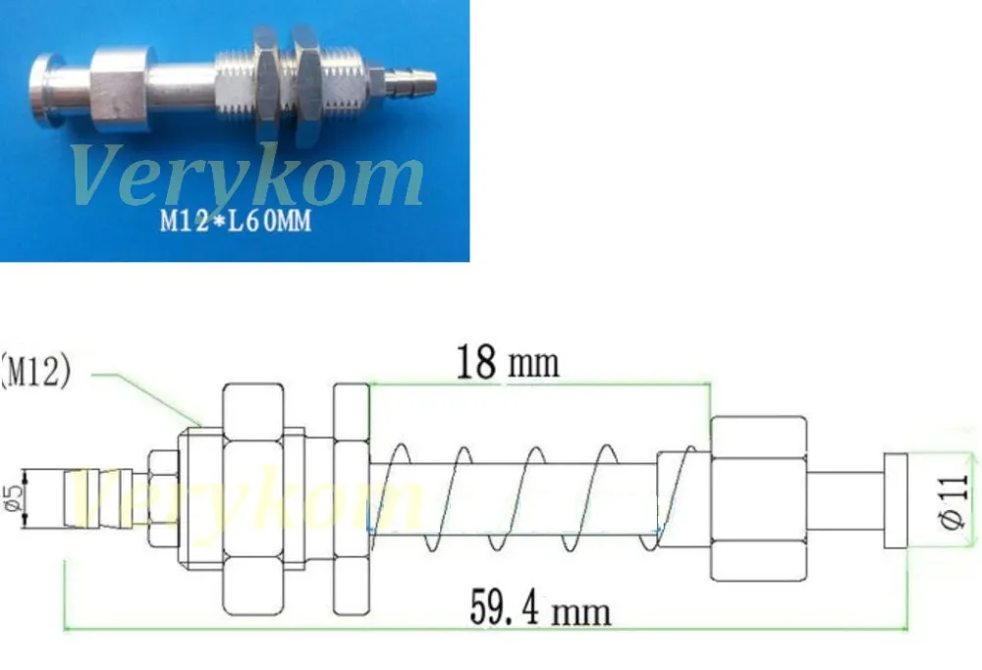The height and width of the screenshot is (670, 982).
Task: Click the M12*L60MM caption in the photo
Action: click(x=236, y=223)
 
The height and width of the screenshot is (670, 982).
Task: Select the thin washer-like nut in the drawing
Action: click(x=351, y=499)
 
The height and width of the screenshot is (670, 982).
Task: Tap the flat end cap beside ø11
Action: click(x=897, y=500)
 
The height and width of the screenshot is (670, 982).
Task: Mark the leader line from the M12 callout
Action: click(x=147, y=397)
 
